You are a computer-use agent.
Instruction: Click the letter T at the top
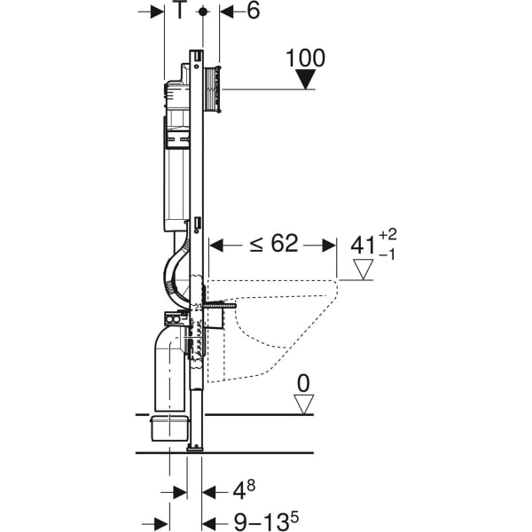(x=180, y=12)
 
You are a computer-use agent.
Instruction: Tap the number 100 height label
(x=306, y=59)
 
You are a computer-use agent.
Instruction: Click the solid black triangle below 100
(x=306, y=80)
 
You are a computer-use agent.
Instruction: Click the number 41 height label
(x=364, y=244)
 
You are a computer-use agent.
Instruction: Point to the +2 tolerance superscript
(x=388, y=235)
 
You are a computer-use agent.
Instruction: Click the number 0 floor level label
(x=304, y=383)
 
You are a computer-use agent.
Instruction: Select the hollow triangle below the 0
(x=304, y=404)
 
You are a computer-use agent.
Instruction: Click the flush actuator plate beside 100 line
(x=212, y=89)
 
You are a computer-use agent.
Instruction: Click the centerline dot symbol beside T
(x=203, y=12)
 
